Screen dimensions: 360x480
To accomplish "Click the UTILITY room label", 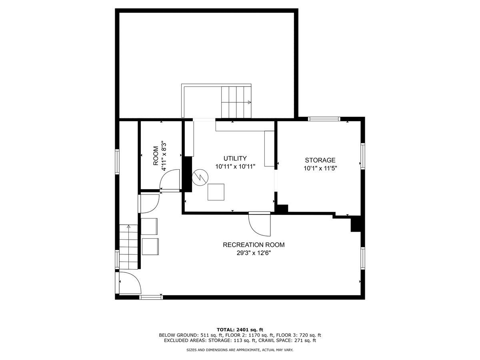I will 235,158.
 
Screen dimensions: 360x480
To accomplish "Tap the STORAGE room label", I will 320,160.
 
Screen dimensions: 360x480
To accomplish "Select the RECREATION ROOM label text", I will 254,245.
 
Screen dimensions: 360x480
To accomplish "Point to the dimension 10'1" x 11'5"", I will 320,168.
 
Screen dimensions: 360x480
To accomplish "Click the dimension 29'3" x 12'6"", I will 254,253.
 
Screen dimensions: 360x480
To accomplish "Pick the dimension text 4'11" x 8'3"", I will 164,156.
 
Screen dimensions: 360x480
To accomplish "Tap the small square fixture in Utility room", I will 216,192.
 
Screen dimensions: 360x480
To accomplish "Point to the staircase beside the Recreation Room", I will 128,246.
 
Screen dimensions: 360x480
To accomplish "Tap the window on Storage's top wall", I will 324,119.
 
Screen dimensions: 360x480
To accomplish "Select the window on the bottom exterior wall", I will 151,297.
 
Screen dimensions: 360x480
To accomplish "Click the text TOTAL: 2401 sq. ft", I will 240,329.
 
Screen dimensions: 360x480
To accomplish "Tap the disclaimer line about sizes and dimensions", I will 240,350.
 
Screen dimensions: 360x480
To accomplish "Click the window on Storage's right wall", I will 363,156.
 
